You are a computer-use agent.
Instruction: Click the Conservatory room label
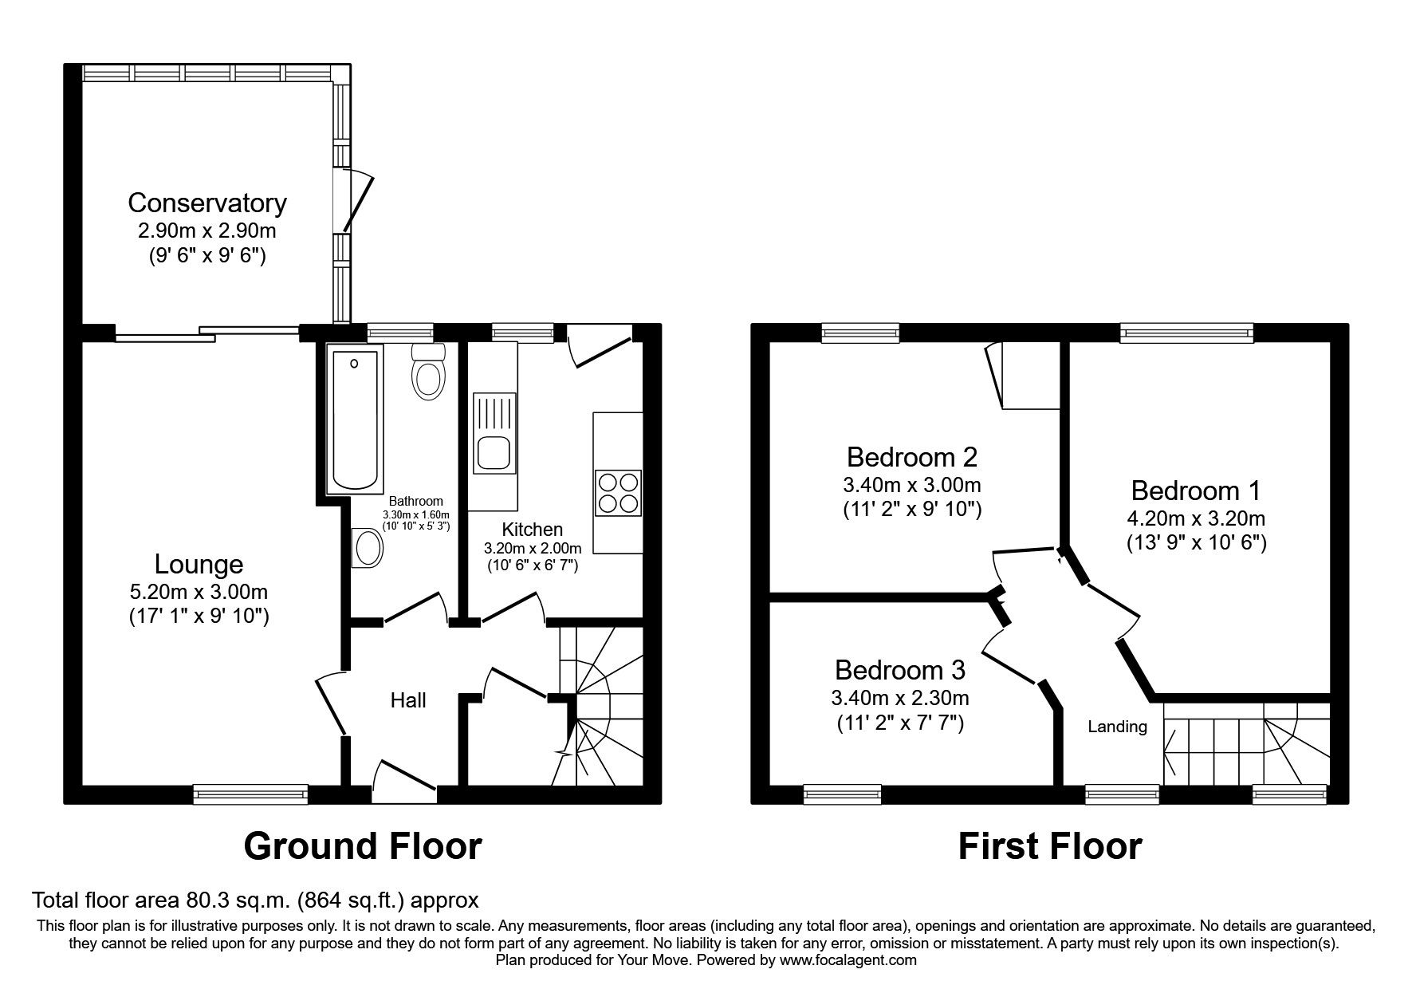point(206,203)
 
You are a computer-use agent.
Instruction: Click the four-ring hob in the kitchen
point(618,493)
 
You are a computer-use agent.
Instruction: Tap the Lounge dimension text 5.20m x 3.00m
point(199,592)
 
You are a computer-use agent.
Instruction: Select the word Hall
point(407,700)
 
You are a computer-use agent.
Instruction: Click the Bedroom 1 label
point(1195,490)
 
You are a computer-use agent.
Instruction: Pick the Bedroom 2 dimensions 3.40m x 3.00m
point(911,484)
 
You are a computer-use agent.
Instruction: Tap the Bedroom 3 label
point(899,668)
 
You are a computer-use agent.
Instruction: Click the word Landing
point(1117,727)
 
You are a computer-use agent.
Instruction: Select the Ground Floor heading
point(363,846)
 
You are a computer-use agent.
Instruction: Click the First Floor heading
point(1049,846)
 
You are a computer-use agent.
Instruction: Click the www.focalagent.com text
point(848,960)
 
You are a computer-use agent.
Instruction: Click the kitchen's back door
point(600,345)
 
